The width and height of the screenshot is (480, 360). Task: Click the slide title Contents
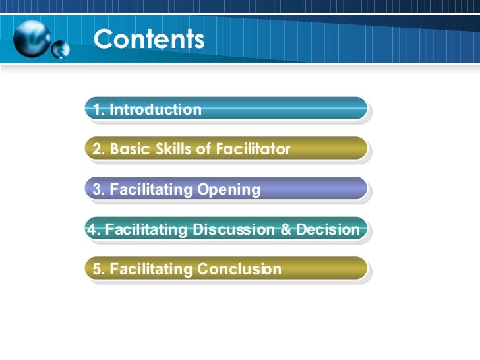point(149,39)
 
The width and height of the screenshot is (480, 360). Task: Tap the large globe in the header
point(32,38)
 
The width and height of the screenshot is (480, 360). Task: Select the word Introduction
point(156,109)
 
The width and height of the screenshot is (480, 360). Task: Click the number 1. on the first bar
point(99,109)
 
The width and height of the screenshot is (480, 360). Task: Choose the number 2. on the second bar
point(99,150)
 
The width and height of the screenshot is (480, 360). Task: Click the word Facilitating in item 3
point(152,190)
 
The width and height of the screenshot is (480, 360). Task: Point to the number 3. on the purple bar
point(99,190)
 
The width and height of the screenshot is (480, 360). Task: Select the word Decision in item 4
point(328,230)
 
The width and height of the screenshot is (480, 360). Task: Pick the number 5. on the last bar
point(99,270)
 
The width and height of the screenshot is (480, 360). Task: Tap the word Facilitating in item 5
point(152,270)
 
